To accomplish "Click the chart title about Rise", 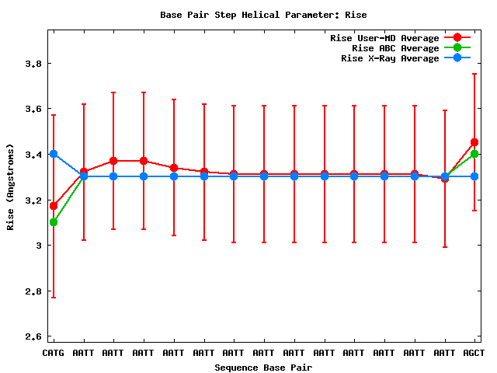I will point(262,15).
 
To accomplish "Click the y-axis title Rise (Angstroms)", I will point(11,186).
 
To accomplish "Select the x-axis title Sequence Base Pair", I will point(262,367).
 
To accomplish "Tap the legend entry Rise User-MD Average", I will point(385,38).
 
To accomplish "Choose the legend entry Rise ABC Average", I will point(395,48).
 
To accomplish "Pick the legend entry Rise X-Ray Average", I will point(391,58).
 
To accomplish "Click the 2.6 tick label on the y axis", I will point(32,336).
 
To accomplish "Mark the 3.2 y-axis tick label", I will point(32,200).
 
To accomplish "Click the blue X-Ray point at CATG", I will point(54,154).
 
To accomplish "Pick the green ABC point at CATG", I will point(54,222).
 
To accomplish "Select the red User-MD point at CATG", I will point(54,206).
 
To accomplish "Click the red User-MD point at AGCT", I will point(474,142).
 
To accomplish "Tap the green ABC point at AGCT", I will point(474,154).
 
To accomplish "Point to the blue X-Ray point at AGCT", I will point(474,176).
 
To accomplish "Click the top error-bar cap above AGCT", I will point(474,74).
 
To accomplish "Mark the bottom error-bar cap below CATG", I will point(54,297).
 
